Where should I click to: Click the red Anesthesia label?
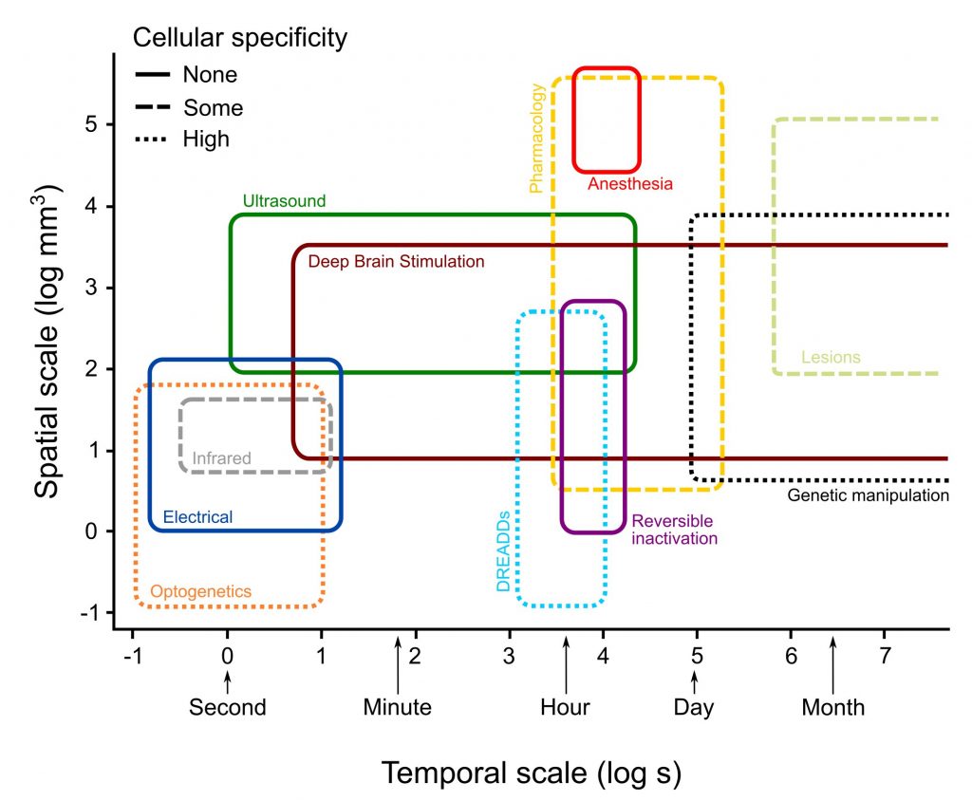click(x=629, y=184)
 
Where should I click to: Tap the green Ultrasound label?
click(x=284, y=201)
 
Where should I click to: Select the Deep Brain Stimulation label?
click(x=396, y=261)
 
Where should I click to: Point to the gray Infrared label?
click(x=221, y=458)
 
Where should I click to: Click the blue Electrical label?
click(x=197, y=517)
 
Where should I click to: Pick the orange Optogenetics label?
click(x=201, y=591)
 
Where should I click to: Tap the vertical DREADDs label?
click(x=504, y=550)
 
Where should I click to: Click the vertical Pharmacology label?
click(x=537, y=139)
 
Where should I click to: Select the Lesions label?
click(x=831, y=358)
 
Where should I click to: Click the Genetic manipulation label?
click(x=869, y=495)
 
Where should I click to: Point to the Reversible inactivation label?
click(x=674, y=530)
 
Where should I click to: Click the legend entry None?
click(x=210, y=74)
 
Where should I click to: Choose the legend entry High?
click(x=206, y=139)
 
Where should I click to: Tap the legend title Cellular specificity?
click(x=239, y=38)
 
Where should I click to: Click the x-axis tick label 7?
click(x=884, y=656)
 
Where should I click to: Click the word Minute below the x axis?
click(x=397, y=707)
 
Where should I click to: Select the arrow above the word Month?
click(x=832, y=664)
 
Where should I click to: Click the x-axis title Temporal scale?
click(x=531, y=773)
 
